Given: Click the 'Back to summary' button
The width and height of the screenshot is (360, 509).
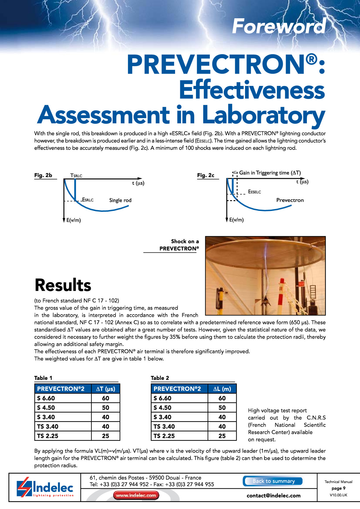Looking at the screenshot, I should coord(273,481).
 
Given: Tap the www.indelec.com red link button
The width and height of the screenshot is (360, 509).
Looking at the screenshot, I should coord(136,495).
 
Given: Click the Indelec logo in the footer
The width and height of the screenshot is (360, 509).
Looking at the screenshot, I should coord(45,488).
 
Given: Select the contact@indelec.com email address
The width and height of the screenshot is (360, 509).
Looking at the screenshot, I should coord(273,496).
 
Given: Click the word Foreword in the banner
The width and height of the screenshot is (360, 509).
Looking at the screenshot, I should coord(279,26).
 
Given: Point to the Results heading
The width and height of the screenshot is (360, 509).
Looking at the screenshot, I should coord(63,285).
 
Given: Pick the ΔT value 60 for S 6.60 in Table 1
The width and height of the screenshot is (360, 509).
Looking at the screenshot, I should coord(106,398).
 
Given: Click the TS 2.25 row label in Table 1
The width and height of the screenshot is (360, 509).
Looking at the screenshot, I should coord(48,436).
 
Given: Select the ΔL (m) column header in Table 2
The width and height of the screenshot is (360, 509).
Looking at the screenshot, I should coord(222,389).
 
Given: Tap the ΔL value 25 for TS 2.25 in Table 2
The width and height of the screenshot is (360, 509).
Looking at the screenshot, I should coord(222,436).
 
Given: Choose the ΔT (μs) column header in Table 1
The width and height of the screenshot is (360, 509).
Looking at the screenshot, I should coord(106,389).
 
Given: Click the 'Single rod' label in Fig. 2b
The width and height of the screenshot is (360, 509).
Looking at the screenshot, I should coord(120,200).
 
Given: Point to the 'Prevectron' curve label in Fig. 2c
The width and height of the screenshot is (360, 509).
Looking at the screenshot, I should coord(290,200).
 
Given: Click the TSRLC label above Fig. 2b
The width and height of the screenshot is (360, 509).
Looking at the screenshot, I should coord(76,176).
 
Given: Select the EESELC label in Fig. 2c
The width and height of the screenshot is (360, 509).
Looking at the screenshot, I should coord(254,192).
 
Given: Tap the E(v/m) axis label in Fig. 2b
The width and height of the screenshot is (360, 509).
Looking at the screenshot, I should coord(73,220).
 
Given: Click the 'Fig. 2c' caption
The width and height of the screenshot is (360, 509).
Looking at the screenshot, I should coord(206,175).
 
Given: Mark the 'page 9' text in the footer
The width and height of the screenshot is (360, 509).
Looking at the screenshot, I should coord(339,488).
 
